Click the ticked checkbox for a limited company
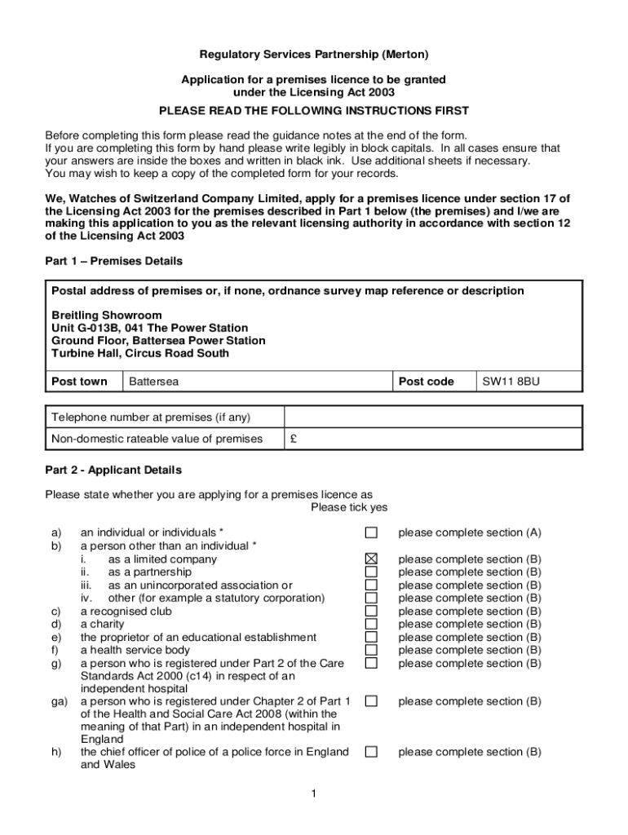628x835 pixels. pyautogui.click(x=371, y=559)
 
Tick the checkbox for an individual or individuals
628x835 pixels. pyautogui.click(x=371, y=532)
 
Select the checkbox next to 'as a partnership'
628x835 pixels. pyautogui.click(x=371, y=572)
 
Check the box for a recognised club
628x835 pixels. pyautogui.click(x=371, y=611)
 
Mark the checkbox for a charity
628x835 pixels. pyautogui.click(x=371, y=624)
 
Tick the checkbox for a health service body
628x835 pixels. pyautogui.click(x=371, y=650)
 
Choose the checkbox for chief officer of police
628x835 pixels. pyautogui.click(x=371, y=752)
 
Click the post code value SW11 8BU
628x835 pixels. pyautogui.click(x=511, y=382)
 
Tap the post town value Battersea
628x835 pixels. pyautogui.click(x=154, y=382)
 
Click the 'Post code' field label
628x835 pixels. pyautogui.click(x=427, y=382)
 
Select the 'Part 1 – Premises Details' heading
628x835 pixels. pyautogui.click(x=113, y=261)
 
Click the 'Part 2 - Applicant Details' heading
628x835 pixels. pyautogui.click(x=113, y=470)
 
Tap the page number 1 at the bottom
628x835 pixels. pyautogui.click(x=314, y=794)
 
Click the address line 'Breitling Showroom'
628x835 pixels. pyautogui.click(x=107, y=315)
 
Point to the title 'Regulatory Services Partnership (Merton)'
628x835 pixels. pyautogui.click(x=314, y=55)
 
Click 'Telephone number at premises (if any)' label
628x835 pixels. pyautogui.click(x=151, y=417)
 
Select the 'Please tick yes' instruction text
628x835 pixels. pyautogui.click(x=349, y=507)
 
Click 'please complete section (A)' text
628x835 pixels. pyautogui.click(x=469, y=532)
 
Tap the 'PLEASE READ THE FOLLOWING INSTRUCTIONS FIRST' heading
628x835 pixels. pyautogui.click(x=314, y=110)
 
